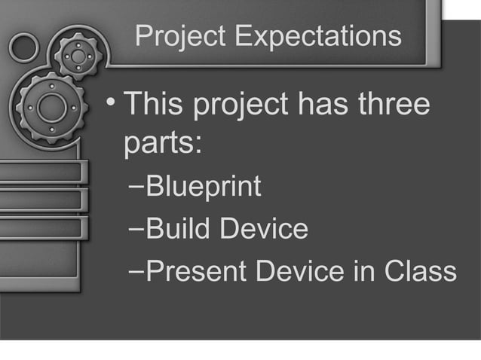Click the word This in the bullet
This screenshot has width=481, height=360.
click(153, 106)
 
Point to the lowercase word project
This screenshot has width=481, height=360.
click(240, 108)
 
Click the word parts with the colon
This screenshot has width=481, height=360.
click(162, 145)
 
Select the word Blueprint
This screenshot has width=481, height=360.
click(204, 187)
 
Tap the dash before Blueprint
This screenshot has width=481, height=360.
click(136, 187)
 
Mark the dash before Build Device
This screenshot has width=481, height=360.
click(136, 229)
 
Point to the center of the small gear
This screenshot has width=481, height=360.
click(78, 56)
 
